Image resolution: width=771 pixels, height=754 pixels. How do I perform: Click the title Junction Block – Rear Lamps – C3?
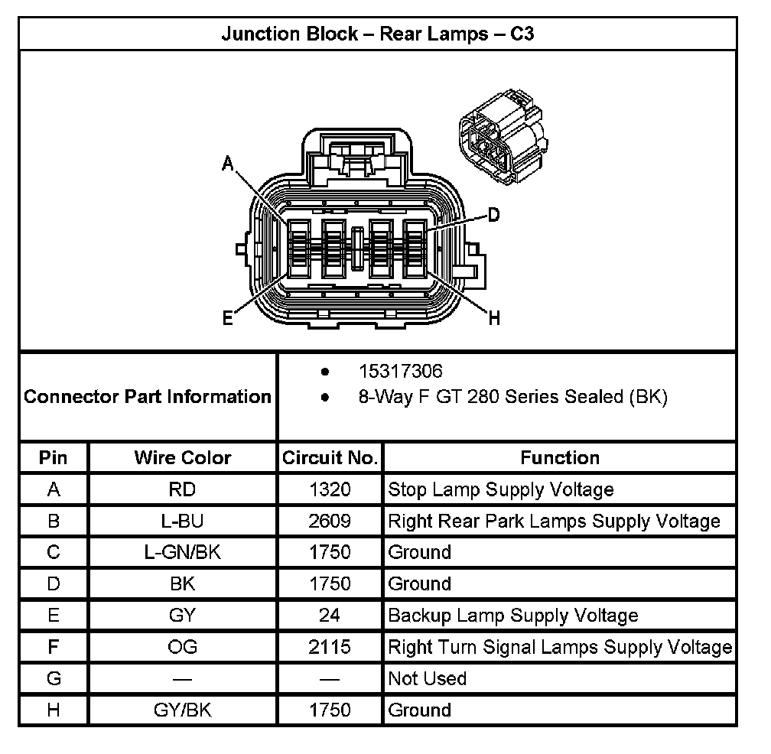pos(377,34)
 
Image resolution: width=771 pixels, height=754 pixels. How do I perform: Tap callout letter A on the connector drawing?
pos(227,163)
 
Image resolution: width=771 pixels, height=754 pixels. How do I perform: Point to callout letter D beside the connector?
pos(493,215)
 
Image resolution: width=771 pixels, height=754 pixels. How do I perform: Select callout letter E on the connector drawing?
pos(227,319)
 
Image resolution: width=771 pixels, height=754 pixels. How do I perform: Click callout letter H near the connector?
pos(494,319)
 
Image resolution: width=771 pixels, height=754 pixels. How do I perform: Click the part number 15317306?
pos(400,372)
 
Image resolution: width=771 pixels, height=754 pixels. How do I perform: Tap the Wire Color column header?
pos(182,458)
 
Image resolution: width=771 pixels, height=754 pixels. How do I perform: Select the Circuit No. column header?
pos(330,458)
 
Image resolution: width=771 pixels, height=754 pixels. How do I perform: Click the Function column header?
pos(560,458)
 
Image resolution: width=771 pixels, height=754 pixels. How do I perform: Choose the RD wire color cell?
pos(182,489)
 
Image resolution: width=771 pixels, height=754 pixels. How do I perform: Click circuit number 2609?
pos(330,521)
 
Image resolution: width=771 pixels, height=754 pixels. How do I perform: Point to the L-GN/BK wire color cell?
pos(182,552)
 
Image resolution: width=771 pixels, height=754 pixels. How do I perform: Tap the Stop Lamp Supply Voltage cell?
pos(501,489)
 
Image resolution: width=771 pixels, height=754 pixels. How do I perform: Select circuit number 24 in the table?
pos(330,616)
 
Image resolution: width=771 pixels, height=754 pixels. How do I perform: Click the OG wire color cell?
pos(182,647)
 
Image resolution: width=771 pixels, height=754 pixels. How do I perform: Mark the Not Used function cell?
pos(427,678)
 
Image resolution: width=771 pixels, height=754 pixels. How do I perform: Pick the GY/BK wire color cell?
pos(182,710)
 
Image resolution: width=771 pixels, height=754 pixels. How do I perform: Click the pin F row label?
pos(54,647)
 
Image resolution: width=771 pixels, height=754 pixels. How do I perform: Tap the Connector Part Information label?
pos(148,397)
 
